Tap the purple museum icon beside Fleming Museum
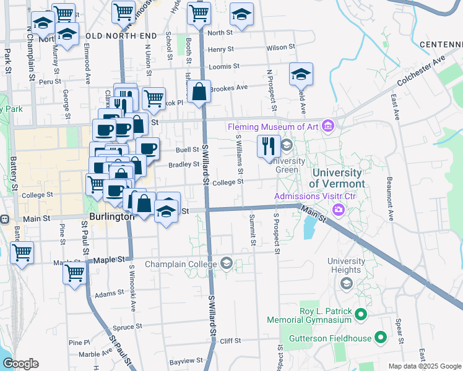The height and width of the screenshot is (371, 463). click(x=328, y=127)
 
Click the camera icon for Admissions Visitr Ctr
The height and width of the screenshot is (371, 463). click(x=338, y=210)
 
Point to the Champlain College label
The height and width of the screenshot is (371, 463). click(x=180, y=264)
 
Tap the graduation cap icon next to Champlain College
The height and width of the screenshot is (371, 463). click(x=226, y=264)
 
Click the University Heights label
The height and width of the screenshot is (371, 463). click(x=345, y=266)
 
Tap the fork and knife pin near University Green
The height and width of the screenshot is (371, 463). click(x=267, y=147)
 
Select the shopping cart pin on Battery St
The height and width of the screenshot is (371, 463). click(x=22, y=252)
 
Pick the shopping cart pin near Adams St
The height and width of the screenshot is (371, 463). click(x=74, y=272)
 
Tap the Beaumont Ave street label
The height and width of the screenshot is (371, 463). click(x=390, y=199)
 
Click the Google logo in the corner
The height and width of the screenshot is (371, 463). click(x=21, y=364)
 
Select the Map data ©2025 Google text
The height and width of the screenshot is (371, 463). click(x=424, y=366)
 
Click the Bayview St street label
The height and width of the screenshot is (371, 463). click(x=187, y=360)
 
